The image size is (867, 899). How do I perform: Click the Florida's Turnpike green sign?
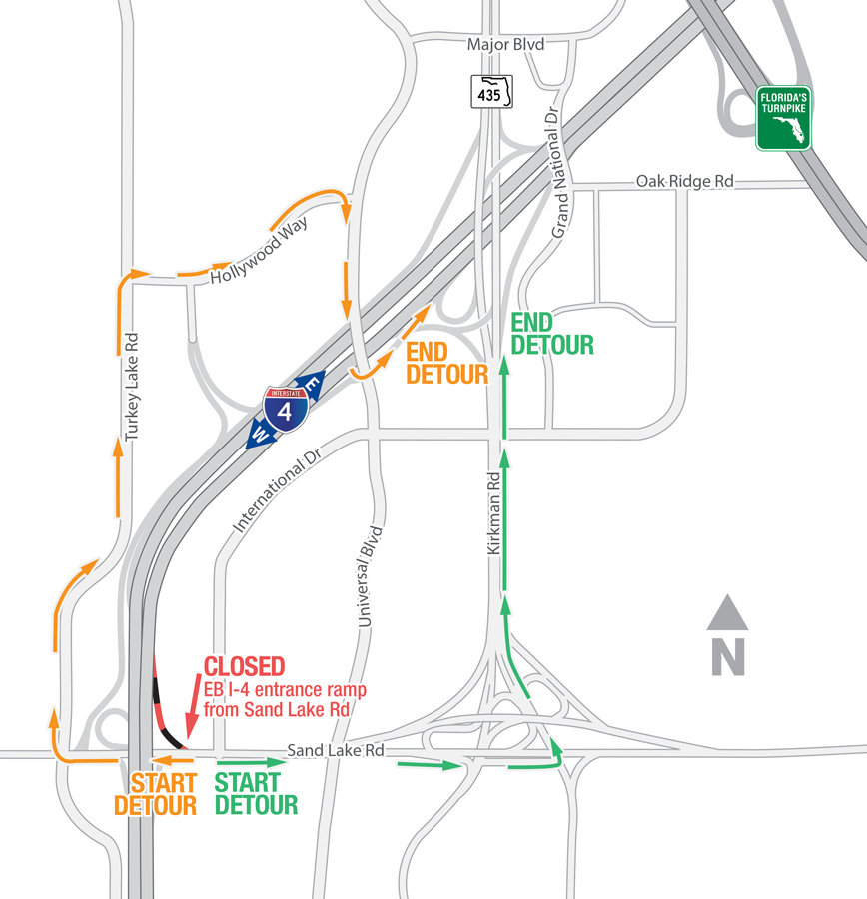pos(783,118)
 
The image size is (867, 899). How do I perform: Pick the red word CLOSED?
pos(245,667)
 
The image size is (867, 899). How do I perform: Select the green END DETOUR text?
pos(552,334)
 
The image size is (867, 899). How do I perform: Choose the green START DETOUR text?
pos(256,794)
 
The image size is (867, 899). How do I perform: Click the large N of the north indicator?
pos(728,656)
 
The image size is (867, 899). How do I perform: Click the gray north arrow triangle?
pos(728,612)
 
